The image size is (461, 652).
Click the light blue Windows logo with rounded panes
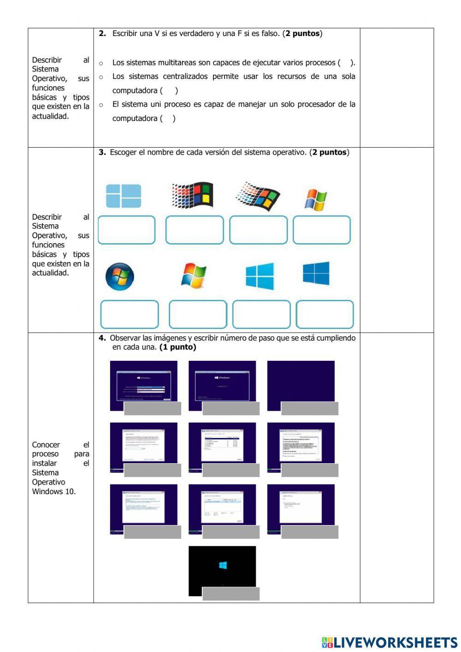[x=124, y=196]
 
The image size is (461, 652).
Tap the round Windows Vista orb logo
[x=119, y=276]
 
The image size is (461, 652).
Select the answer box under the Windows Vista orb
[x=130, y=314]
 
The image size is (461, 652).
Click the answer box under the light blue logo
[x=126, y=230]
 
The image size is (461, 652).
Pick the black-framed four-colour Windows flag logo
[x=193, y=194]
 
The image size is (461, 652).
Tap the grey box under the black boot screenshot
[x=231, y=594]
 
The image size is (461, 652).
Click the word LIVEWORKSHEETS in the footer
[x=395, y=642]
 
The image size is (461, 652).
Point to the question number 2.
[x=102, y=34]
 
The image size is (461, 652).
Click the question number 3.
[x=102, y=152]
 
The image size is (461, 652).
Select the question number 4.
[x=102, y=338]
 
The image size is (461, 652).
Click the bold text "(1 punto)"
[x=177, y=347]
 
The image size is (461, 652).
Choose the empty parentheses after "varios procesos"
[x=346, y=63]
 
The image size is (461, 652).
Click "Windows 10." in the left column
[x=54, y=491]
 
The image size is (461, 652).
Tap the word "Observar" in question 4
[x=125, y=338]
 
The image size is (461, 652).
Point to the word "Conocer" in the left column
[x=46, y=445]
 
